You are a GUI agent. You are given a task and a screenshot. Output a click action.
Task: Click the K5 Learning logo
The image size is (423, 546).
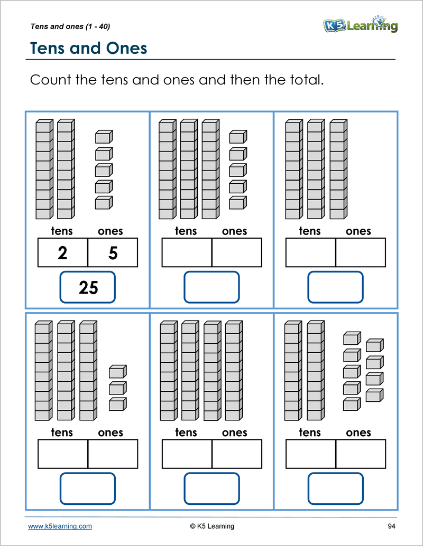pos(360,24)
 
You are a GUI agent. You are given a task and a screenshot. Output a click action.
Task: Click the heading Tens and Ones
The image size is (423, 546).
pos(88,48)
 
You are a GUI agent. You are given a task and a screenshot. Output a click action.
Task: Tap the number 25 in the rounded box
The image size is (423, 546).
pos(88,287)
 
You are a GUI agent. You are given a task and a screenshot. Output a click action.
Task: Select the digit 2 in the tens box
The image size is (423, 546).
pos(62,253)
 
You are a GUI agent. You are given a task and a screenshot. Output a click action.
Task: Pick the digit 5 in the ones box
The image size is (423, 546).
pos(113,253)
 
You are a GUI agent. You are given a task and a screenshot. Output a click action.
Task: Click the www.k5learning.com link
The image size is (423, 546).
pos(60,526)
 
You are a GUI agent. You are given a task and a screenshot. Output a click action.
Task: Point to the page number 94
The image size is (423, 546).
pos(391,526)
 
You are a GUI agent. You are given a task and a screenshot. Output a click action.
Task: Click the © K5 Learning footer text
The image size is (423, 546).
pos(212,526)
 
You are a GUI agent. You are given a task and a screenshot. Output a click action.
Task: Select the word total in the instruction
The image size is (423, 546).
pos(304,81)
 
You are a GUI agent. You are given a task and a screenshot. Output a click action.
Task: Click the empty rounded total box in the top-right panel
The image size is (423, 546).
pos(335,287)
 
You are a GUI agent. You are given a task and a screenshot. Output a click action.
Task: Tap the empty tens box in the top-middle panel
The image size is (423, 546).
pos(187,252)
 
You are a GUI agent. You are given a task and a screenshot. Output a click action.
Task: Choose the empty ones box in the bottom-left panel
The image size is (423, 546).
pos(113,454)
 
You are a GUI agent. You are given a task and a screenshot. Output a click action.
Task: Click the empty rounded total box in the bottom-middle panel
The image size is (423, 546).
pos(212,488)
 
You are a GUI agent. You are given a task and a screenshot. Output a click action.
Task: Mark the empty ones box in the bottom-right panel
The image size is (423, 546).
pos(361,454)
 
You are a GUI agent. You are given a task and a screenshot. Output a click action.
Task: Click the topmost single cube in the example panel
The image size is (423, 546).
pos(104,137)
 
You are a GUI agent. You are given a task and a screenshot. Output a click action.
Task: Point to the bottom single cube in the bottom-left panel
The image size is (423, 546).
pos(117,404)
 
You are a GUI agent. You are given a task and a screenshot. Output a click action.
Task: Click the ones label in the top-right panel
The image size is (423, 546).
pos(358,231)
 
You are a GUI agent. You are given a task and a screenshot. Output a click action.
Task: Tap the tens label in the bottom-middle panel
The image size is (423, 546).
pos(186,432)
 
